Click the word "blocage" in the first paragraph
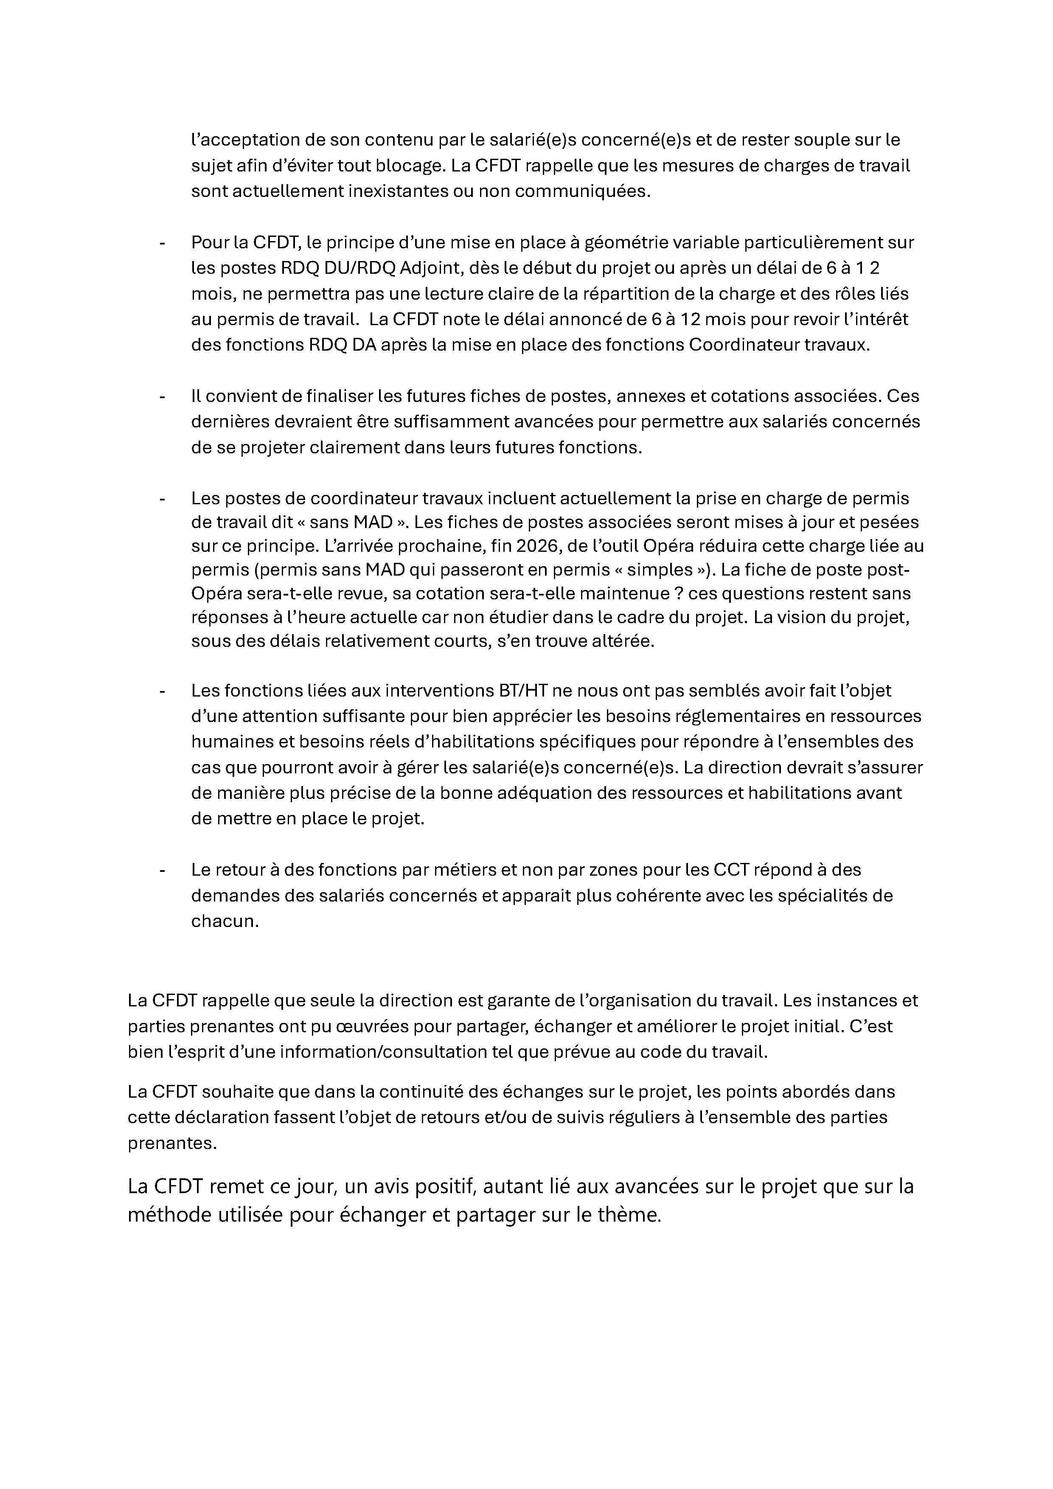pyautogui.click(x=408, y=166)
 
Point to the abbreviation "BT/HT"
pyautogui.click(x=522, y=691)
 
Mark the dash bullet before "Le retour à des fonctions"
pyautogui.click(x=162, y=870)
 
